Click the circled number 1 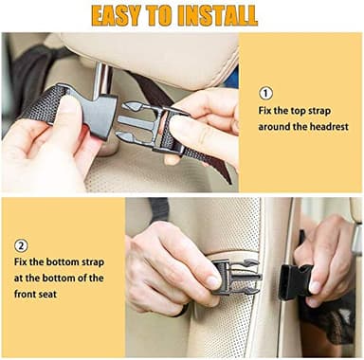pyautogui.click(x=265, y=94)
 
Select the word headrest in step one pyautogui.click(x=325, y=126)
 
